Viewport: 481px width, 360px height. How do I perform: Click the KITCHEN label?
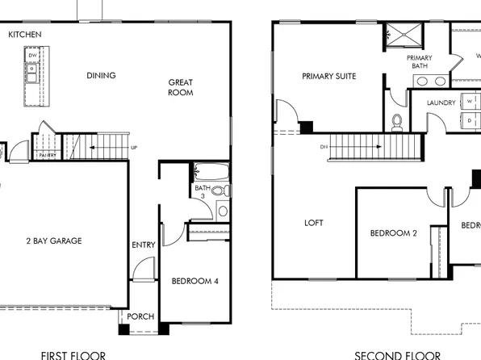25,35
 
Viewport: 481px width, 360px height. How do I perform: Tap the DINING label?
101,76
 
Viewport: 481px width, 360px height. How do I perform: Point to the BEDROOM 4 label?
195,281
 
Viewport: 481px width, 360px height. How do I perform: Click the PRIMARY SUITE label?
328,76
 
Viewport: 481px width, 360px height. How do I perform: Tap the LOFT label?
315,224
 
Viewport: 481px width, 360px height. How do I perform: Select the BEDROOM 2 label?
393,233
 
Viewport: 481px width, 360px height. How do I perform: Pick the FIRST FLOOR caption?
73,354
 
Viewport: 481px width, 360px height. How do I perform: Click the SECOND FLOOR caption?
398,354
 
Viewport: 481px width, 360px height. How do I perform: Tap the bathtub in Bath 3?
211,174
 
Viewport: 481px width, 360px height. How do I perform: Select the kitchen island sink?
31,73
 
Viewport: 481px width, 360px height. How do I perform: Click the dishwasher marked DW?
32,56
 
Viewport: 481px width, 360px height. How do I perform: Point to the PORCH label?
140,316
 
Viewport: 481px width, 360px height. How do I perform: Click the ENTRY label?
143,245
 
